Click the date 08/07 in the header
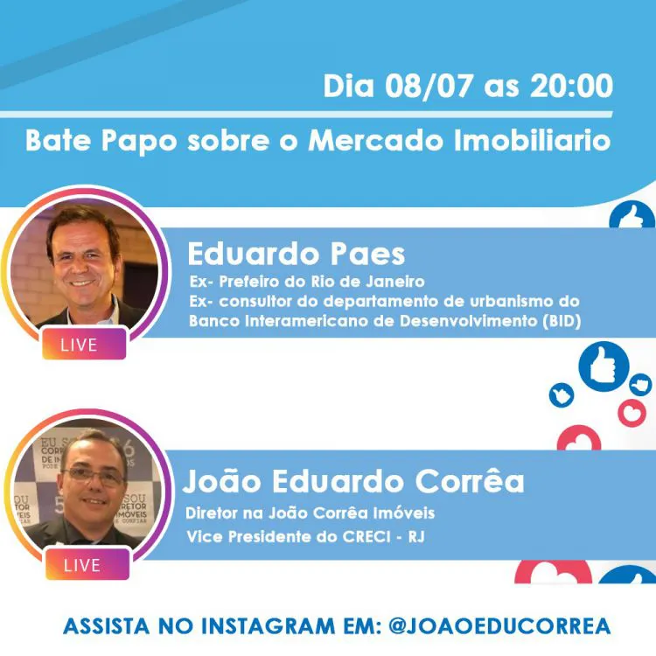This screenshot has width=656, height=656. tap(429, 87)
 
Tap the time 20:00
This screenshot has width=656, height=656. tap(571, 86)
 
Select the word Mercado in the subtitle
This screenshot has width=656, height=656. tap(376, 141)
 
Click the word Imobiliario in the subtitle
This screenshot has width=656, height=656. tap(532, 141)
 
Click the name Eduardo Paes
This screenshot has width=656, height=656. tap(297, 254)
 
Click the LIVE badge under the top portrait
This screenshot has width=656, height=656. tap(84, 345)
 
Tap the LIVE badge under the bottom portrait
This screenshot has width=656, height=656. tap(87, 565)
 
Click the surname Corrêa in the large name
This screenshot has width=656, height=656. tap(470, 482)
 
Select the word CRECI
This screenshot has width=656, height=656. tap(366, 537)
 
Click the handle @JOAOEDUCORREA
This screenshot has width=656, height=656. tap(499, 626)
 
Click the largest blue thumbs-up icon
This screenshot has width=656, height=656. tap(604, 366)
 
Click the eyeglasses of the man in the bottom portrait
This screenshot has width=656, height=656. tap(94, 476)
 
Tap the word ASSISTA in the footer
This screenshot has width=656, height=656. tap(106, 626)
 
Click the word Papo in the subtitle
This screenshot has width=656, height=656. tap(139, 142)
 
